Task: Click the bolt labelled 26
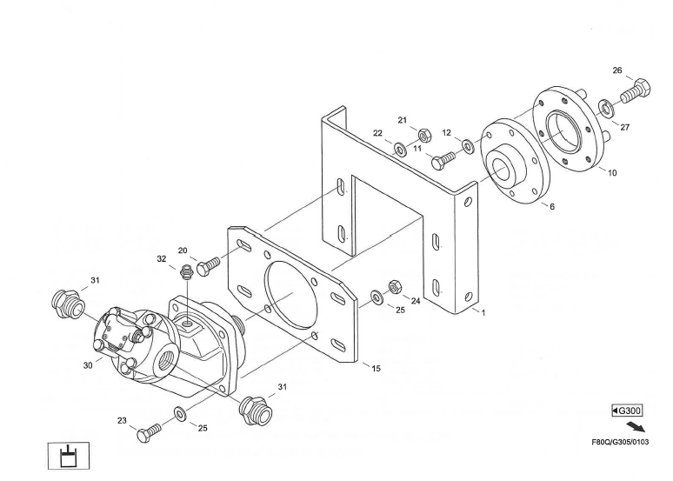coord(633,91)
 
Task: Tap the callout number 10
coord(612,173)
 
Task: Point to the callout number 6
coord(551,206)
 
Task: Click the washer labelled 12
coord(468,143)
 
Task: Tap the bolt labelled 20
coord(209,265)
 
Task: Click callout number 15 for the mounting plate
coord(376,368)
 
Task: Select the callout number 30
coord(88,366)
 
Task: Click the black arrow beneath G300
coord(637,427)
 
